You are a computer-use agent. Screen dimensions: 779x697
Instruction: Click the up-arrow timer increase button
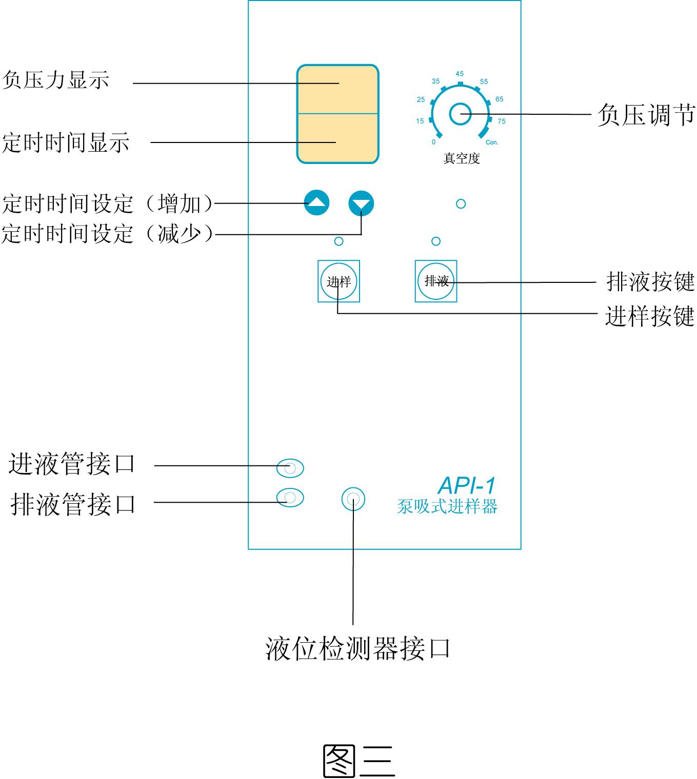click(x=316, y=203)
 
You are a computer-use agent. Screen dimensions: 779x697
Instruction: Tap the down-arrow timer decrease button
click(x=361, y=203)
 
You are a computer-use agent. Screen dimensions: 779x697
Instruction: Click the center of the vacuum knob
click(x=460, y=114)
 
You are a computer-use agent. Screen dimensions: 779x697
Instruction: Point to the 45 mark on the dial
click(x=460, y=74)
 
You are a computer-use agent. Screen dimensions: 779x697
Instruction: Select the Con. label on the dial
click(x=491, y=142)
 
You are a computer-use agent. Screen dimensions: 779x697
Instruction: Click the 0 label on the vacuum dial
click(x=434, y=142)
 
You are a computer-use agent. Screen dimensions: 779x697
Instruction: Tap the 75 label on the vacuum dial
click(x=501, y=121)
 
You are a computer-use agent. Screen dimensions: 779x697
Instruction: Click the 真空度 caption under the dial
click(x=461, y=158)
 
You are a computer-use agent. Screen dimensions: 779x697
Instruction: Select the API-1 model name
click(x=467, y=485)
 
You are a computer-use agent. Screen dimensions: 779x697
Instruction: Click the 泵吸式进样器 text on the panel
click(x=447, y=506)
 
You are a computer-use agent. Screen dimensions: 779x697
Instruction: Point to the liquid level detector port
click(x=353, y=499)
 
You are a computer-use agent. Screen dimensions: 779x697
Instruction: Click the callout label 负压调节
click(x=646, y=114)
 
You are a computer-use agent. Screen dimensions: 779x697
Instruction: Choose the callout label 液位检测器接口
click(x=358, y=648)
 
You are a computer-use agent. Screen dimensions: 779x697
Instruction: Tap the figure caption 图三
click(x=359, y=760)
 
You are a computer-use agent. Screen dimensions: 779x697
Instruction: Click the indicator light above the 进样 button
click(x=338, y=241)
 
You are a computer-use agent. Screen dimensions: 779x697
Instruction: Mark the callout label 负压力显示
click(x=56, y=80)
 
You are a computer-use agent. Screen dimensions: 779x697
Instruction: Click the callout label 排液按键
click(x=650, y=281)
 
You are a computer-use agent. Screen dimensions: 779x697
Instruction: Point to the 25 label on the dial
click(x=421, y=99)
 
